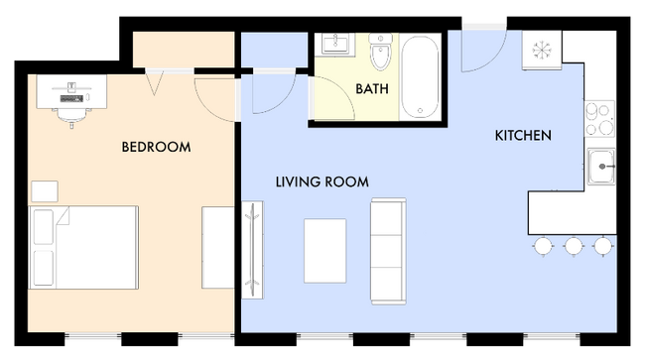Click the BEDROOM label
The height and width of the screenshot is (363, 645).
click(156, 147)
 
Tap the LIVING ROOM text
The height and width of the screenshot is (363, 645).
click(322, 181)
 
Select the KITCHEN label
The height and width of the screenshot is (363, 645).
click(523, 135)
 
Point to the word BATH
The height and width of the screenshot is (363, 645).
click(372, 89)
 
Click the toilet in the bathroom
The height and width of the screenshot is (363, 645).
click(380, 52)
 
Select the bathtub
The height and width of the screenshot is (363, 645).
click(420, 77)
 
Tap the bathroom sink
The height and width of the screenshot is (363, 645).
click(334, 44)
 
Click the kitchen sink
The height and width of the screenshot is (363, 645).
click(601, 167)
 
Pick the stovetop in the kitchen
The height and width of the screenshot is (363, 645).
click(599, 119)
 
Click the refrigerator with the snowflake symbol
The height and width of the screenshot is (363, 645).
click(542, 51)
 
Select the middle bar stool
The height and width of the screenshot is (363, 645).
click(573, 246)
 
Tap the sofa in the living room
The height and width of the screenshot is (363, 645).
click(388, 251)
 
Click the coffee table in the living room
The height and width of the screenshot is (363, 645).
click(324, 251)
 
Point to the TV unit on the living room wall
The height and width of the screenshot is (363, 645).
click(252, 250)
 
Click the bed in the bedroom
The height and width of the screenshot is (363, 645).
click(83, 248)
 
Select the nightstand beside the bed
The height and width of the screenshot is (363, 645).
click(45, 191)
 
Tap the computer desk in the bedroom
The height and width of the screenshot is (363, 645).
click(71, 91)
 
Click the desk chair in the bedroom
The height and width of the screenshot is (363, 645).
click(71, 116)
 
